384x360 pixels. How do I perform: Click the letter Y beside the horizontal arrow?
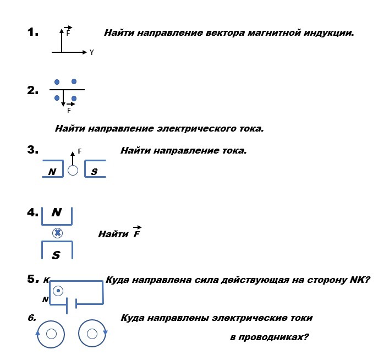(x=91, y=52)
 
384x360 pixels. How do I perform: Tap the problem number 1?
(x=32, y=32)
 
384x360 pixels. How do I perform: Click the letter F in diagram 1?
(x=68, y=33)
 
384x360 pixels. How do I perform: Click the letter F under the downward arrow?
(x=69, y=111)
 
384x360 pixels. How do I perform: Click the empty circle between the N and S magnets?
(x=73, y=170)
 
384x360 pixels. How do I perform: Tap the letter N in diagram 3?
(x=52, y=172)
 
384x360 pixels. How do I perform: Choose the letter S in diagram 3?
(x=94, y=172)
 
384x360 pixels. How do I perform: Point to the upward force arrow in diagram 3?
(x=73, y=159)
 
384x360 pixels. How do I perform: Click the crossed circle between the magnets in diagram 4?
(x=58, y=233)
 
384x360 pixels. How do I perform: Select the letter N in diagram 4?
(x=57, y=212)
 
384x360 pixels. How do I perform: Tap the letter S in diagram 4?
(x=56, y=255)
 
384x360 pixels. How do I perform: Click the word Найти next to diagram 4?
(x=113, y=234)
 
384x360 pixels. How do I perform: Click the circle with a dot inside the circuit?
(x=58, y=291)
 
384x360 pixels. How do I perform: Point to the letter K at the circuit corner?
(x=47, y=280)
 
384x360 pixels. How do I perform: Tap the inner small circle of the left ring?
(x=51, y=334)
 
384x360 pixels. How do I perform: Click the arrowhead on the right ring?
(x=105, y=333)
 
